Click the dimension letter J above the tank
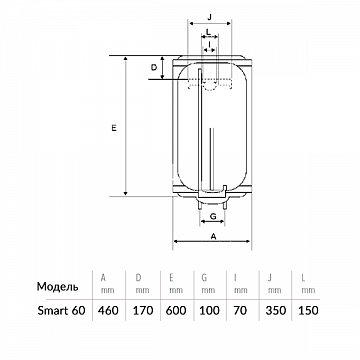pos(209,18)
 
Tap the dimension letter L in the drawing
pos(208,32)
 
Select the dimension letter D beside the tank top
pos(154,68)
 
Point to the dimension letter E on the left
pos(114,128)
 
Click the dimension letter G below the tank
pos(213,217)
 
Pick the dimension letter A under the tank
pos(214,236)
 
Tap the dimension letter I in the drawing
pos(209,44)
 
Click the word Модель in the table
pos(58,287)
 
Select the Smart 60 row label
pos(61,311)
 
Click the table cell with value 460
pos(108,311)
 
